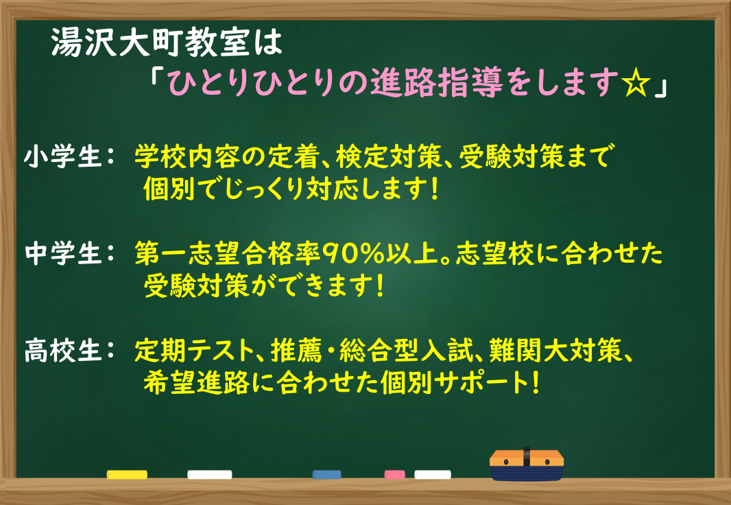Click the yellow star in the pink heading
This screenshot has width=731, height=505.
(x=636, y=84)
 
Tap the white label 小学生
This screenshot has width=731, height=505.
(x=63, y=156)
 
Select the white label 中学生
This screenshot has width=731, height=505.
(x=63, y=254)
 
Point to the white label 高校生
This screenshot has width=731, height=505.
(x=63, y=350)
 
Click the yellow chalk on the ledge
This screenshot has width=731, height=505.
(x=127, y=475)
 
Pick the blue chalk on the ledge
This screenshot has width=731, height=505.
(x=327, y=475)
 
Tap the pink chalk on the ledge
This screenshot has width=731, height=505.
(x=394, y=475)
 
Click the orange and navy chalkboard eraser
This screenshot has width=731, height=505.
(x=527, y=465)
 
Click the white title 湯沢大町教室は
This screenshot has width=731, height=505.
(x=167, y=43)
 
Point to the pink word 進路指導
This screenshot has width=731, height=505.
(x=437, y=84)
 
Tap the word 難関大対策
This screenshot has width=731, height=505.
(x=555, y=350)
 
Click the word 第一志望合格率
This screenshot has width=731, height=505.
(x=228, y=254)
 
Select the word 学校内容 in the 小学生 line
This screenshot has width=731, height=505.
(x=187, y=156)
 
